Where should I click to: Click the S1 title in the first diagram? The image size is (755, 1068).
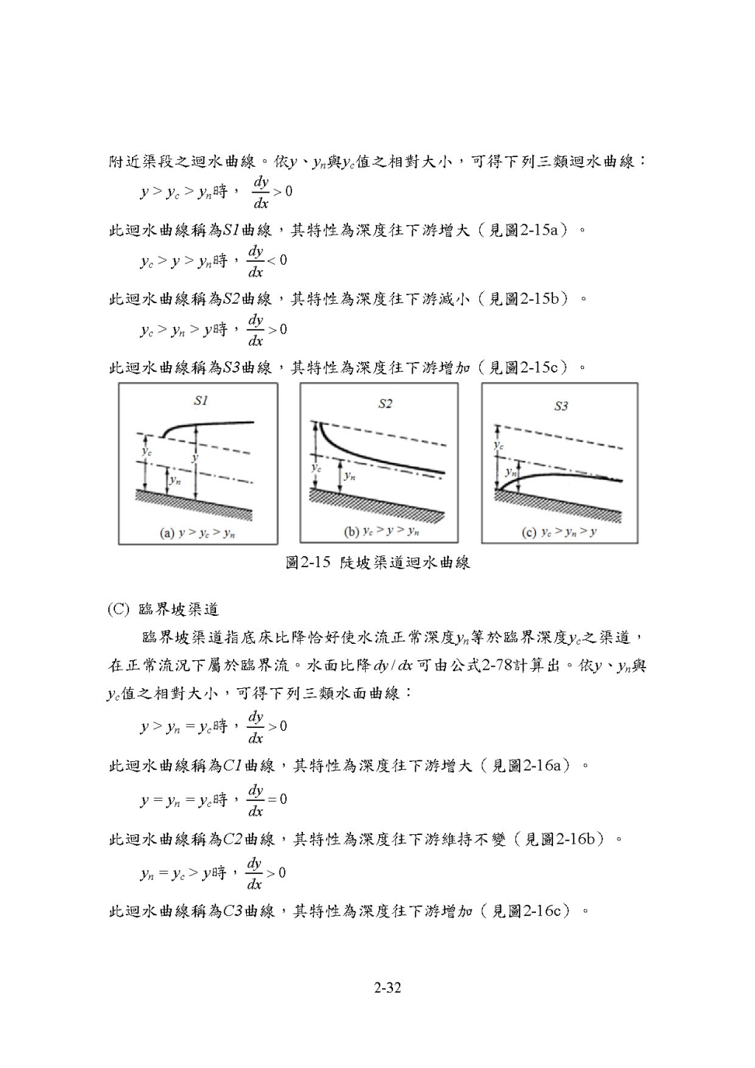201,400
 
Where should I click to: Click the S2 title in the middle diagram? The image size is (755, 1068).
385,403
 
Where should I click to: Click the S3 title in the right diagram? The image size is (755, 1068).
561,406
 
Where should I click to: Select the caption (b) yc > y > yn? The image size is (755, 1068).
381,531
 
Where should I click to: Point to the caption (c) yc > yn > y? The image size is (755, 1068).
558,533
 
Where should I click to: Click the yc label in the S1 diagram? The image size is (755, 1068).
147,451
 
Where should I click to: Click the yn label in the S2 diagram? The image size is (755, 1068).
349,476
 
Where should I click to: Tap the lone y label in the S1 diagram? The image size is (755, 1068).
194,457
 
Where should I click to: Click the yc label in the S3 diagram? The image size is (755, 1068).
498,445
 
